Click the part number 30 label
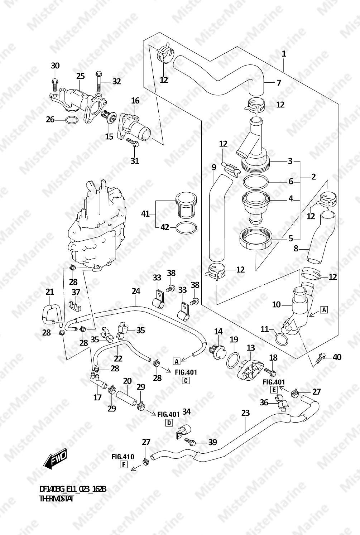(x=55, y=66)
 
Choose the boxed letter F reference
(x=124, y=465)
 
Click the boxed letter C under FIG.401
(x=186, y=381)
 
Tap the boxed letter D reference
(x=169, y=423)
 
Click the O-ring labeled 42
(x=187, y=228)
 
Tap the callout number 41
(x=145, y=214)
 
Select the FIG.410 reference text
(x=123, y=457)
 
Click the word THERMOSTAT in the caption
(x=56, y=499)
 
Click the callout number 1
(x=284, y=54)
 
